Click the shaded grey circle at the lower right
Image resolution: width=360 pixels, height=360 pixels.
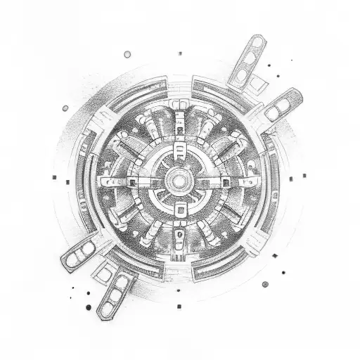point(265,284)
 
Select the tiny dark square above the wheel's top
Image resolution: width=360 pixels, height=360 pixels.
point(179,53)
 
